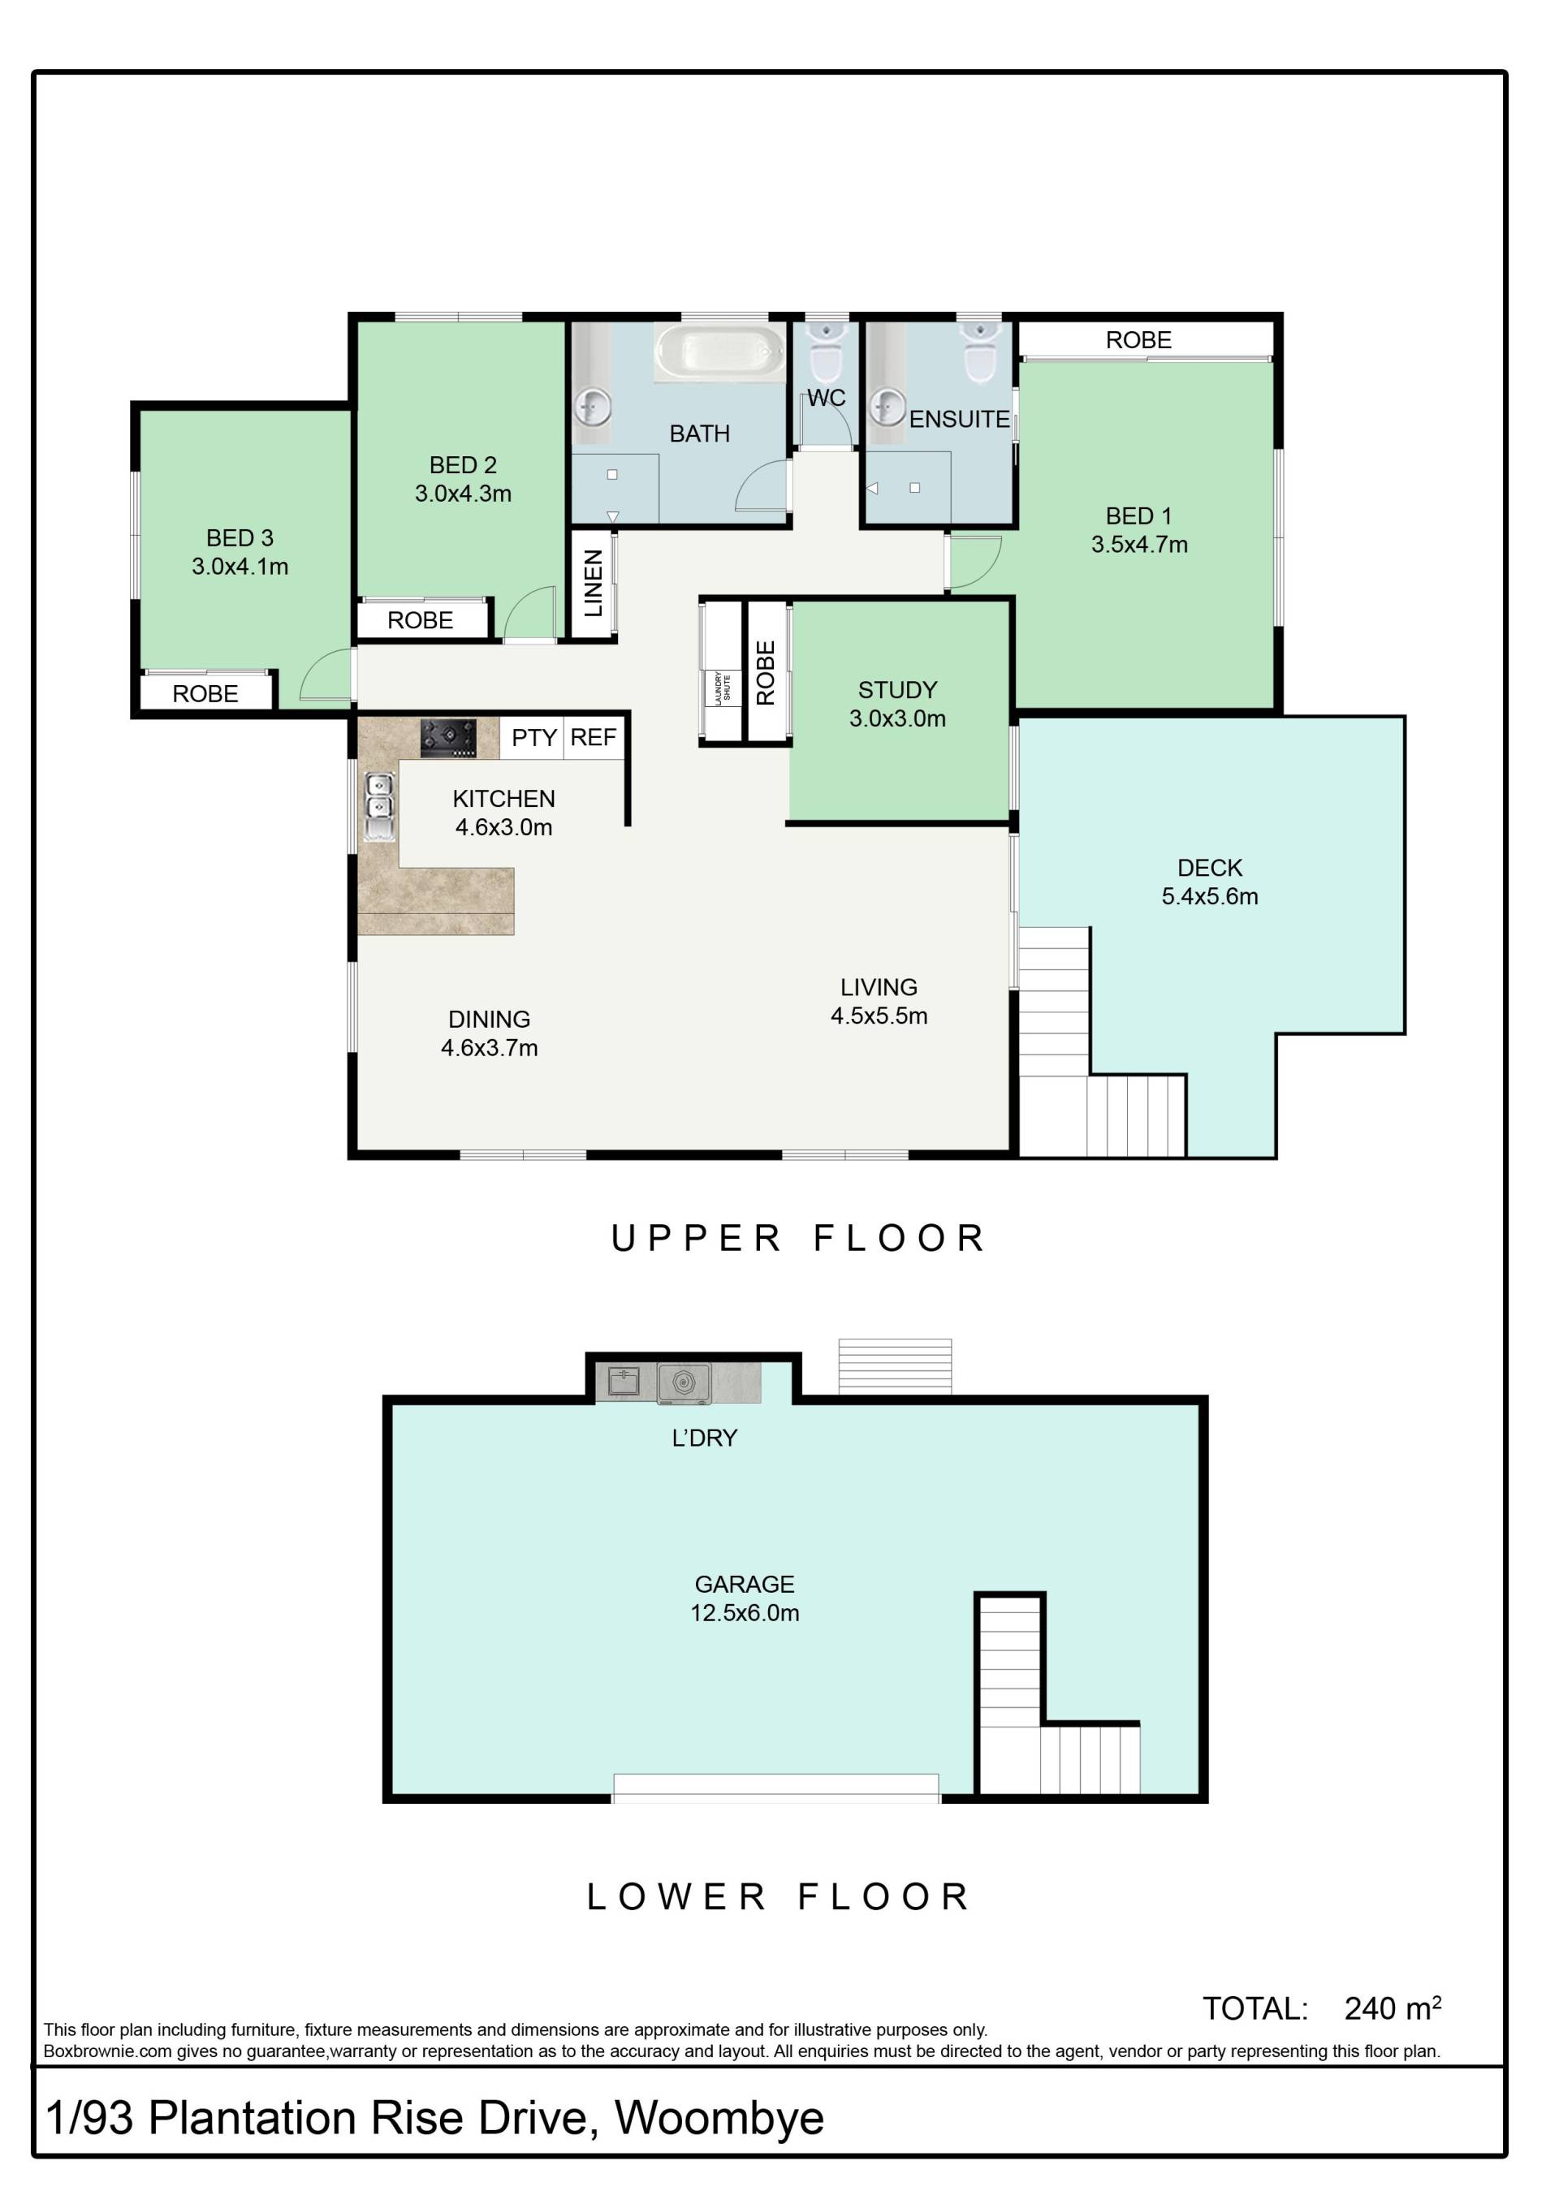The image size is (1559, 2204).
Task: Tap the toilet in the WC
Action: [826, 351]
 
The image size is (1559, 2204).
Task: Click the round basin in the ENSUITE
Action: [888, 406]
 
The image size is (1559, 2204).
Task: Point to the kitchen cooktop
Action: [448, 738]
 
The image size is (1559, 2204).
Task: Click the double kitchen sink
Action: [379, 806]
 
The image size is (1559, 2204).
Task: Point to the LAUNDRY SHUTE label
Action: [722, 688]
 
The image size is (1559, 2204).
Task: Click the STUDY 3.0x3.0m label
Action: [897, 704]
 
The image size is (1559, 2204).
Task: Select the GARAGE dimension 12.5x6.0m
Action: [745, 1613]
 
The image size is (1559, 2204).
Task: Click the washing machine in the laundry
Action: [684, 1383]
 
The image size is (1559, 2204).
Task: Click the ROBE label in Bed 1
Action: [1138, 340]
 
